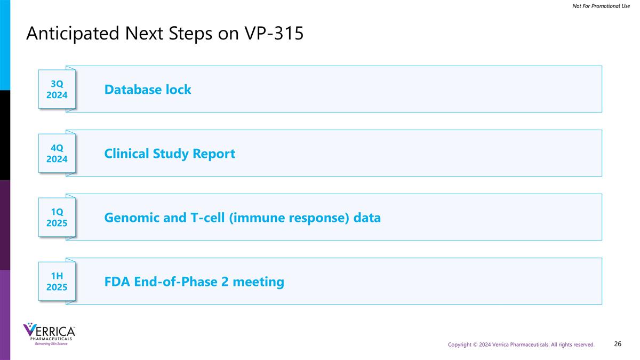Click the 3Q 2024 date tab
point(57,90)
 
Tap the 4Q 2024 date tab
point(57,154)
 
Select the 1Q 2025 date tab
point(57,218)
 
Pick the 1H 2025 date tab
point(57,282)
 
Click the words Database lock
point(148,90)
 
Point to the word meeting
point(259,282)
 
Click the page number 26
point(618,344)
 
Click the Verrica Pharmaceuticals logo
point(49,331)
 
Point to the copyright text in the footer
point(521,345)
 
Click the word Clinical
point(128,154)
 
